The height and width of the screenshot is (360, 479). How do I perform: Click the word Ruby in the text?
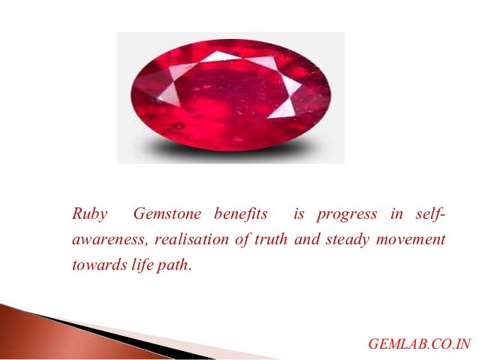coord(89,214)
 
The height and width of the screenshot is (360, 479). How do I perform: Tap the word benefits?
coord(240,214)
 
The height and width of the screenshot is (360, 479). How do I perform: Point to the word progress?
coord(347,214)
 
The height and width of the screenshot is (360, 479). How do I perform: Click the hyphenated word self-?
coord(429,214)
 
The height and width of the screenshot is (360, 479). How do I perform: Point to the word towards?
coord(96,265)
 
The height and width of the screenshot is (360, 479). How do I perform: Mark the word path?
coord(173,265)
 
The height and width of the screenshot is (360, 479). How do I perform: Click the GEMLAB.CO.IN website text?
coord(420,344)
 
